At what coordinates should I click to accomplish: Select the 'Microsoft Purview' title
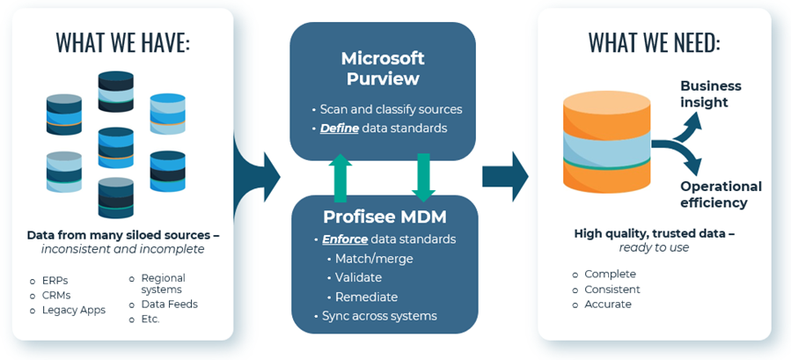click(x=383, y=68)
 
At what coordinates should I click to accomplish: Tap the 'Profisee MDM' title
click(x=384, y=216)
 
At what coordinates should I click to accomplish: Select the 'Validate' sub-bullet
click(x=358, y=277)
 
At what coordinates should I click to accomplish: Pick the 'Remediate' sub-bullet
click(x=366, y=297)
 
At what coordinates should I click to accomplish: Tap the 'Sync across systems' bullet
click(x=379, y=315)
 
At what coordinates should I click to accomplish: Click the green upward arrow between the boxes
click(x=341, y=177)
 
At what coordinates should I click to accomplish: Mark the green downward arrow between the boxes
click(x=423, y=177)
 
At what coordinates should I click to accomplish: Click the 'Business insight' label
click(x=710, y=94)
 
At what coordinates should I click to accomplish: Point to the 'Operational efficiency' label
click(x=721, y=195)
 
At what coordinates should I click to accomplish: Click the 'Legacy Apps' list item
click(x=73, y=310)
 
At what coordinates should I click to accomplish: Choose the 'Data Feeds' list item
click(x=169, y=304)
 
